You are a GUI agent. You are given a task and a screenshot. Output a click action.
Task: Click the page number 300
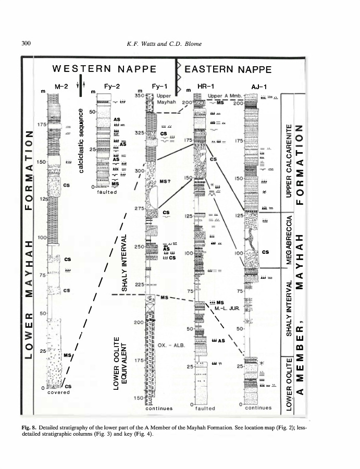[26, 43]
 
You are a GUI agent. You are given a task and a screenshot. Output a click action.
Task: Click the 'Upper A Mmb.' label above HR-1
[223, 96]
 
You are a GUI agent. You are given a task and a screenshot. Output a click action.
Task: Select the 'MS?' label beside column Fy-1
[166, 181]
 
